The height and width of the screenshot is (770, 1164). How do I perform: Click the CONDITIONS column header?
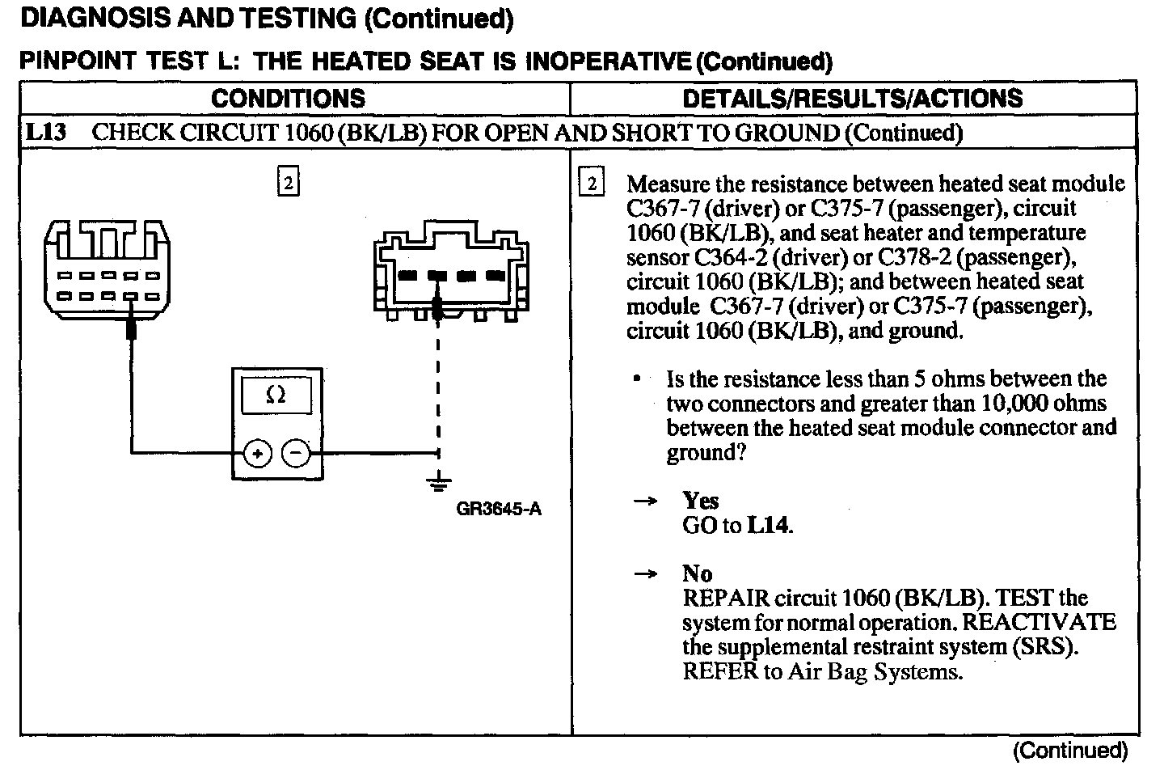click(x=288, y=99)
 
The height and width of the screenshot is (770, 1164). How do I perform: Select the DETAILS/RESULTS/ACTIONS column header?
click(x=853, y=99)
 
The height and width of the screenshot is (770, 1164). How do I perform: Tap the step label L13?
click(x=45, y=133)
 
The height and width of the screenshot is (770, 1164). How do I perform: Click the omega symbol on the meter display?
click(x=276, y=396)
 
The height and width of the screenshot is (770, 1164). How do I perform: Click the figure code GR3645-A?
click(x=499, y=510)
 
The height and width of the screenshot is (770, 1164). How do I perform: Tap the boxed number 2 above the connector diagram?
click(x=288, y=182)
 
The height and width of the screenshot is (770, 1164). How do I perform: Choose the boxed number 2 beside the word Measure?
click(x=592, y=184)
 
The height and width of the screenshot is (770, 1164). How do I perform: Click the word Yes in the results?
click(x=700, y=501)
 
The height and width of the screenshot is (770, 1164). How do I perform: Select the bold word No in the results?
click(x=697, y=573)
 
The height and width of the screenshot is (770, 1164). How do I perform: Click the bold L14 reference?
click(x=767, y=526)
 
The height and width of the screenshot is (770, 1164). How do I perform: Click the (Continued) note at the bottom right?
click(x=1069, y=750)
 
